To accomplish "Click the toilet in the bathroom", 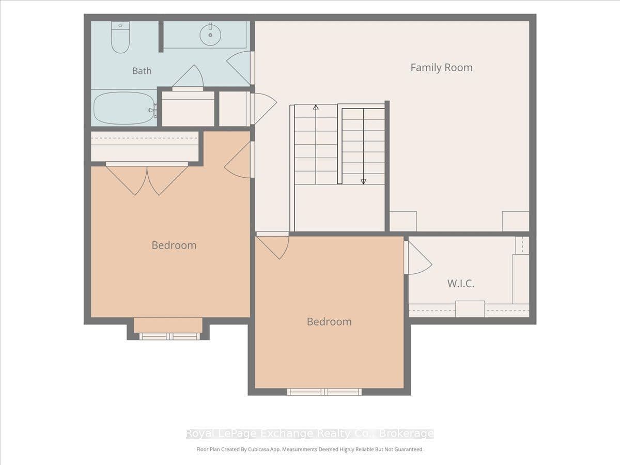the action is tap(120, 37).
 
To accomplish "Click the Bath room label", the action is tap(142, 71).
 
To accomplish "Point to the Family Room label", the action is tap(441, 68).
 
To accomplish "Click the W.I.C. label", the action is tap(461, 284).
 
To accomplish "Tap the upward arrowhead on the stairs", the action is tap(316, 107).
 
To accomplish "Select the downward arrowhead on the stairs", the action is tap(364, 181).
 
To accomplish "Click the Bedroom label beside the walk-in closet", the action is tap(329, 322).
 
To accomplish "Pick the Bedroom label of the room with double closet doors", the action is tap(174, 245).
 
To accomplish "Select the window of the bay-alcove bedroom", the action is tap(169, 336).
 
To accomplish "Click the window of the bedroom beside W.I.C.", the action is tap(324, 392).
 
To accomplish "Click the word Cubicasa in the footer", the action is tap(259, 449).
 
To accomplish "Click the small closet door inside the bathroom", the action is tap(188, 76).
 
